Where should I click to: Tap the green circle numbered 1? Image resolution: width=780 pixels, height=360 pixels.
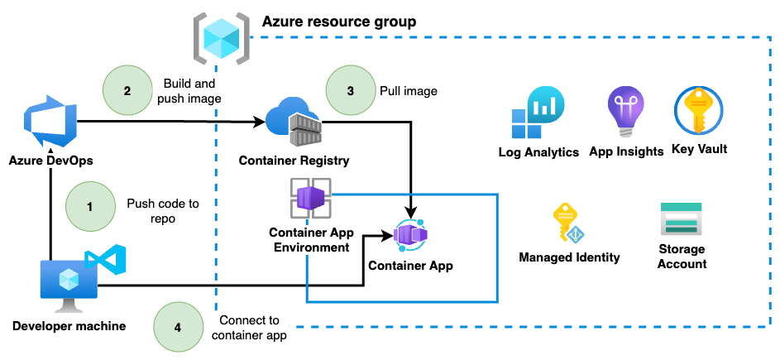tap(89, 206)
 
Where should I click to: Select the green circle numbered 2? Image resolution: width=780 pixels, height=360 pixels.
tap(127, 90)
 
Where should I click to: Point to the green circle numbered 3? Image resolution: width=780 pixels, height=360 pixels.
tap(350, 90)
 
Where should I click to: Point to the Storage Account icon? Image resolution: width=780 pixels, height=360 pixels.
tap(681, 221)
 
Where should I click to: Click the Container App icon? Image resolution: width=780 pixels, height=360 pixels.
tap(410, 237)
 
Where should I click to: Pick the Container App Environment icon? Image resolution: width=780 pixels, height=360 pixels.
tap(309, 199)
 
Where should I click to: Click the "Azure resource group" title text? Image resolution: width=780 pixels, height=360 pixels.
tap(339, 21)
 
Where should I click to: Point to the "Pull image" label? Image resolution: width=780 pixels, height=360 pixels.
tap(408, 90)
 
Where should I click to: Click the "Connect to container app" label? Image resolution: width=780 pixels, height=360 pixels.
tap(249, 328)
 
